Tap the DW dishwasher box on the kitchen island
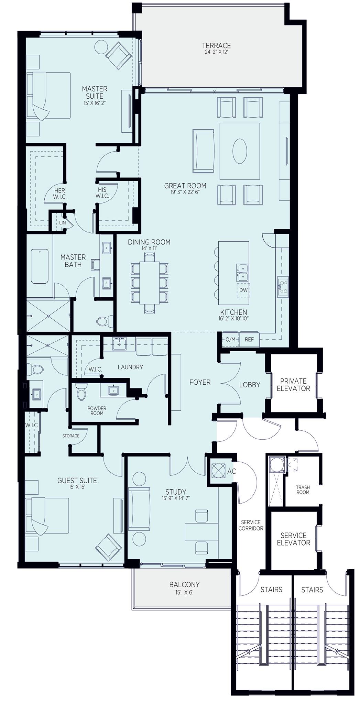(x=243, y=290)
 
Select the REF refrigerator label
(x=249, y=339)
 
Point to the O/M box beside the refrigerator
(x=230, y=339)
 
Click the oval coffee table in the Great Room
(x=240, y=151)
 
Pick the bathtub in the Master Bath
(x=40, y=266)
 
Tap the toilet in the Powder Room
(x=81, y=392)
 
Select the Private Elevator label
(x=293, y=385)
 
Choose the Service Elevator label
(x=293, y=539)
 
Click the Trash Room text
(x=303, y=489)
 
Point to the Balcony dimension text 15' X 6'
(x=184, y=592)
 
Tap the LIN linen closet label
(x=62, y=223)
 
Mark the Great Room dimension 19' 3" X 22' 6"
(x=185, y=192)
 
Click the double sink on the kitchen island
(x=243, y=272)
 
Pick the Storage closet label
(x=71, y=436)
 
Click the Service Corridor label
(x=251, y=525)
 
